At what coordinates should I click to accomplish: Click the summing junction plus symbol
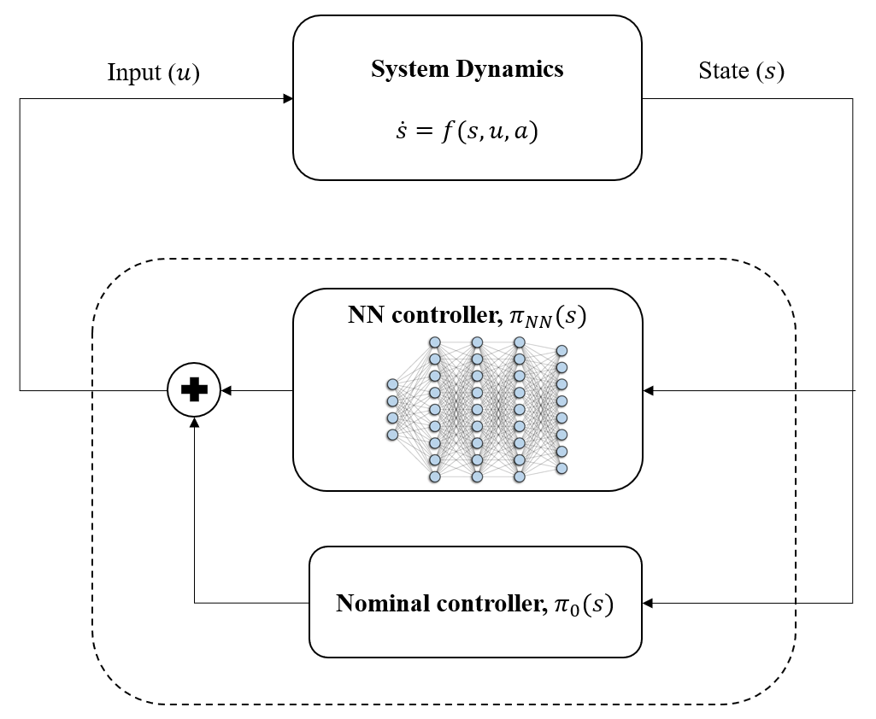pyautogui.click(x=195, y=390)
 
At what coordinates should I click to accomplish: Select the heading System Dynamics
pyautogui.click(x=467, y=69)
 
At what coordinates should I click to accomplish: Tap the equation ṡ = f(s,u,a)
pyautogui.click(x=467, y=133)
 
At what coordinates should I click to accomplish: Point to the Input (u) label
pyautogui.click(x=153, y=73)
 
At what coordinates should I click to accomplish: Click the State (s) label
pyautogui.click(x=741, y=71)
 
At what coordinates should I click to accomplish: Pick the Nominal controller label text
pyautogui.click(x=474, y=604)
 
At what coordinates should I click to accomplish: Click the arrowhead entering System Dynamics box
pyautogui.click(x=288, y=99)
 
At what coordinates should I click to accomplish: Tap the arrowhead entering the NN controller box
pyautogui.click(x=648, y=391)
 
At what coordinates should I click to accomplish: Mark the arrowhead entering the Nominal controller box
pyautogui.click(x=648, y=604)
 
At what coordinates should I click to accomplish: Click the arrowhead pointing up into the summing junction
pyautogui.click(x=195, y=423)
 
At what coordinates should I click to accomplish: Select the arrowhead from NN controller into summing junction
pyautogui.click(x=226, y=391)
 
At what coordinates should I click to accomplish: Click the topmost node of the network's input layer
pyautogui.click(x=392, y=384)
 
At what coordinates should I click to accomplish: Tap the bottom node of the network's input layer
pyautogui.click(x=392, y=435)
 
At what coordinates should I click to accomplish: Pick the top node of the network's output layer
pyautogui.click(x=561, y=350)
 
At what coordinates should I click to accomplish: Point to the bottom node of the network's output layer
pyautogui.click(x=561, y=468)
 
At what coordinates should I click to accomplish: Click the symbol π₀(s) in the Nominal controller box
pyautogui.click(x=580, y=605)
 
